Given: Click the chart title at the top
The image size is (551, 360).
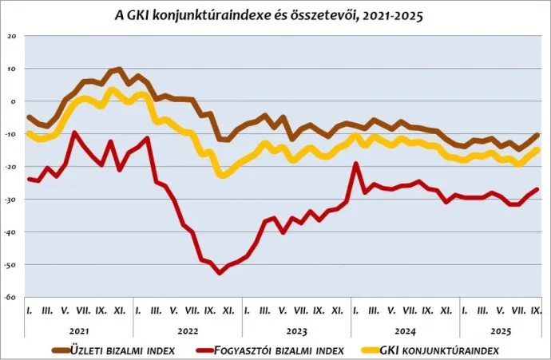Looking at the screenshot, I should [x=275, y=14].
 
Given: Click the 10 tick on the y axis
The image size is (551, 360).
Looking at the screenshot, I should [x=11, y=69].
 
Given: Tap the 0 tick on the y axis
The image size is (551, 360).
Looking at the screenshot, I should [x=13, y=101].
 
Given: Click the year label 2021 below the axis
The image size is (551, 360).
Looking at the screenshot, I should [x=78, y=329].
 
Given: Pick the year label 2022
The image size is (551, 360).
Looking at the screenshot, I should [x=188, y=329].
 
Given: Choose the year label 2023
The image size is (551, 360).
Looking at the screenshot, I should [x=296, y=329].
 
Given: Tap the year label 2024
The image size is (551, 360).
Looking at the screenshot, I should [x=405, y=329].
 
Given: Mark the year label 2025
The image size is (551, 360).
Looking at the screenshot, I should [x=500, y=329].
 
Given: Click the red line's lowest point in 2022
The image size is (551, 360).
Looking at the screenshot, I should [x=220, y=273].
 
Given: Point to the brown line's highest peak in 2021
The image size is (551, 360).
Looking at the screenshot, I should [x=119, y=69].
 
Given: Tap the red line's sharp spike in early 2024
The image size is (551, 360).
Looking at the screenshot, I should [x=355, y=164].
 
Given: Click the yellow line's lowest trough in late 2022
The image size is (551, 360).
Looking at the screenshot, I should [x=222, y=175].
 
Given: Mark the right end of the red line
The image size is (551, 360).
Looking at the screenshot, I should [x=537, y=189].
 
